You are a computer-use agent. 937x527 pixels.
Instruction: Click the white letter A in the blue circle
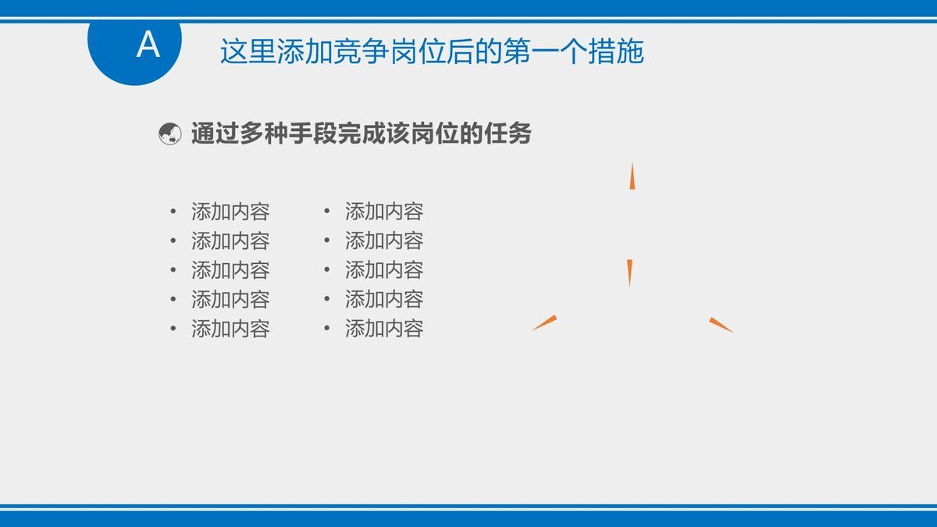(x=148, y=45)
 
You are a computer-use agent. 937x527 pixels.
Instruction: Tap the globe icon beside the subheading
(x=169, y=134)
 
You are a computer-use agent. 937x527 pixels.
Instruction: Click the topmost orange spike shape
(x=632, y=176)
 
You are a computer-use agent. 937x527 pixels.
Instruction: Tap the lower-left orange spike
(x=545, y=322)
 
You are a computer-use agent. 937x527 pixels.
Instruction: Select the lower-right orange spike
(x=721, y=325)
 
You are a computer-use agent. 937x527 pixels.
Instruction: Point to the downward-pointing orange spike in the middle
(x=629, y=272)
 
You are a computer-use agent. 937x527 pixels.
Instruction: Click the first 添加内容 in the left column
(x=230, y=211)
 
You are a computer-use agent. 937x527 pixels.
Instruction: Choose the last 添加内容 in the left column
(x=230, y=329)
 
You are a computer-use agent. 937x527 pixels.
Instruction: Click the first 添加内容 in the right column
(x=384, y=211)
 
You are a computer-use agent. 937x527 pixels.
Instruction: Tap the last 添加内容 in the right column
(x=384, y=329)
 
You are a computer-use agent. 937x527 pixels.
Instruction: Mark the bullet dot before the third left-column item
(x=173, y=270)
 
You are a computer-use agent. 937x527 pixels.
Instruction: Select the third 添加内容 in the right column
(x=384, y=270)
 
